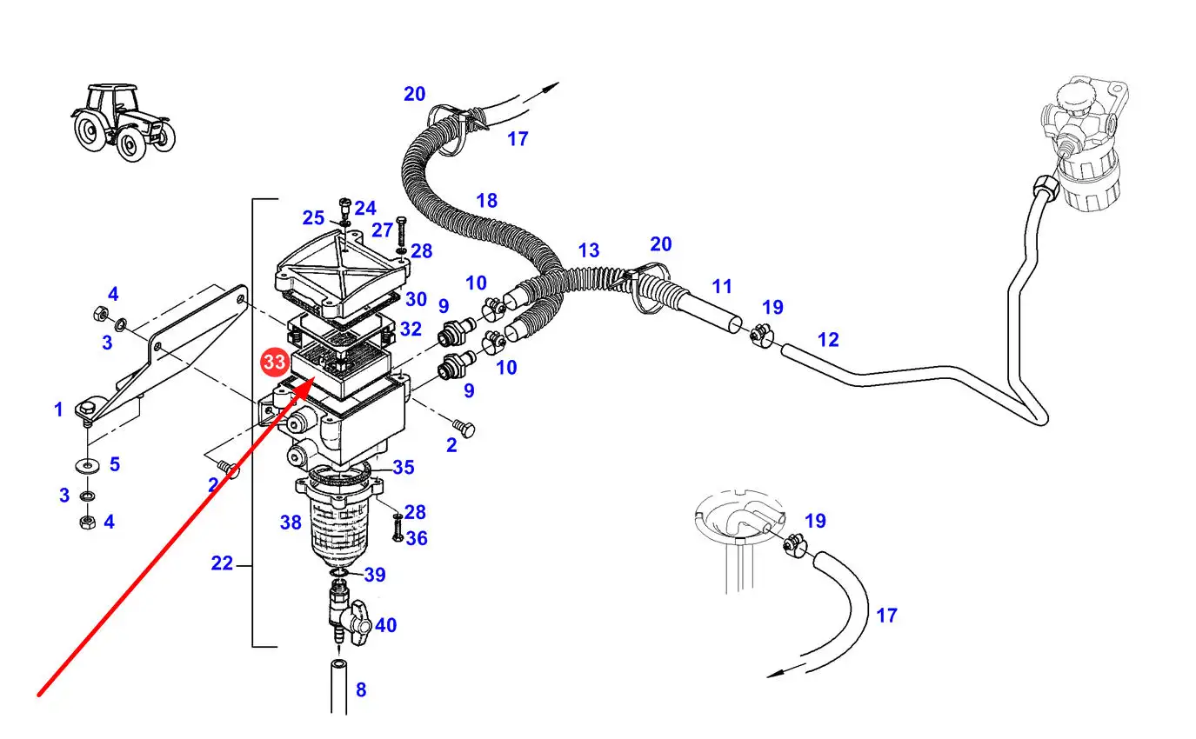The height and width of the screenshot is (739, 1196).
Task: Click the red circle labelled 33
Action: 274,362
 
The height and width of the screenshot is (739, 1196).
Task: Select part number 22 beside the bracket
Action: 222,563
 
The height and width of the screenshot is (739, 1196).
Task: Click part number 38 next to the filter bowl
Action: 291,523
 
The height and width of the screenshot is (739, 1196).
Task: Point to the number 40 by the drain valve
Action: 385,625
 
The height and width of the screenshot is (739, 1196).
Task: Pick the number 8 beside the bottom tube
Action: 360,690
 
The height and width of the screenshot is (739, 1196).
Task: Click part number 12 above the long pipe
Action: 828,339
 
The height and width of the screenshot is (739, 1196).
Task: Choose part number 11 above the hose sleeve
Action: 722,286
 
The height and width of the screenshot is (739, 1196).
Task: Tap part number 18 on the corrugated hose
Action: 486,201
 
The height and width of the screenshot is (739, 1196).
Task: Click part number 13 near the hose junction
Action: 589,250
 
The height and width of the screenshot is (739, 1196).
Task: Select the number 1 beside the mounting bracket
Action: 58,409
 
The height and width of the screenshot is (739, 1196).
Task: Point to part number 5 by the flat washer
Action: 114,464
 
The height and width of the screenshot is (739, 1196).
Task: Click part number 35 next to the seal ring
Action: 403,468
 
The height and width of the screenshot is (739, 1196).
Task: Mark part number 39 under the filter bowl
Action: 374,575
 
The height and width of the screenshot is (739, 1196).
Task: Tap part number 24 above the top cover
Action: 365,208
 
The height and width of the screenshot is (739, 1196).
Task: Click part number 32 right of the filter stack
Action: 411,330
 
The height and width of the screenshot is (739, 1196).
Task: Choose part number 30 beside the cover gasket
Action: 416,299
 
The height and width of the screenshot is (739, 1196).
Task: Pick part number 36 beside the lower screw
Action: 417,538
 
